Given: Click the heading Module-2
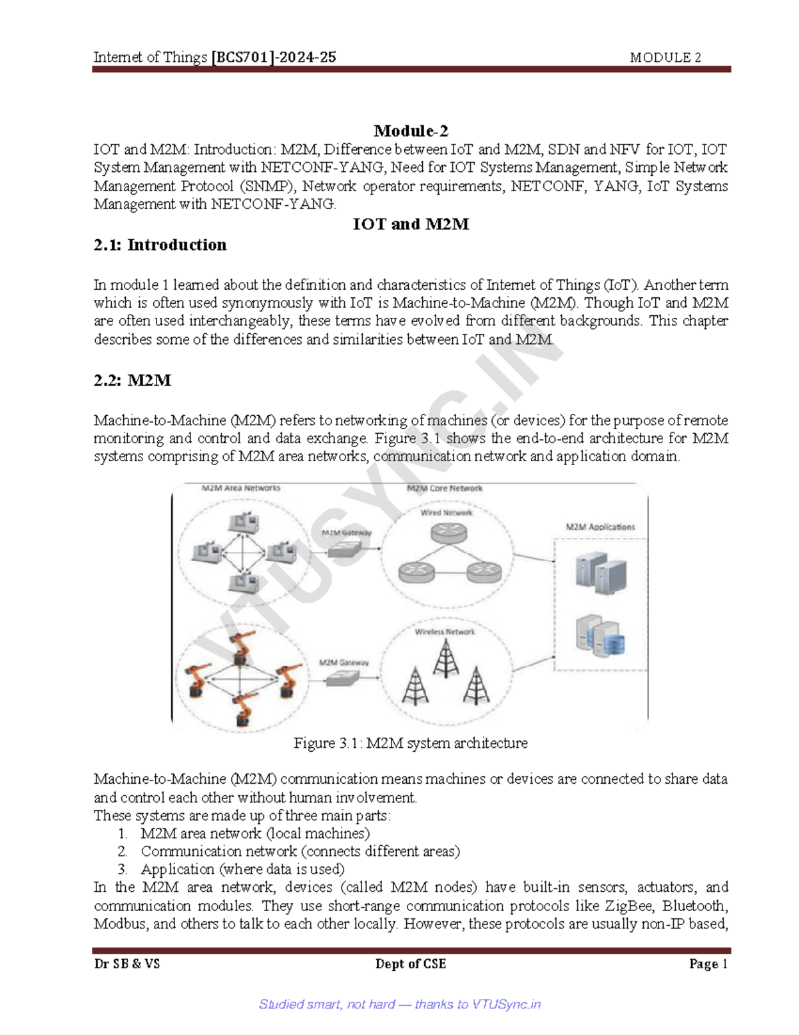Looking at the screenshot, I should (x=410, y=131).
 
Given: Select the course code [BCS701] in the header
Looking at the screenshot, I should (x=242, y=57).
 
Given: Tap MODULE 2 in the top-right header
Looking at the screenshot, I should (x=665, y=58).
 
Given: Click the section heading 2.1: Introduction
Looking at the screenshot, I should (x=160, y=245).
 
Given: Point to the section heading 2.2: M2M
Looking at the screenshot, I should (x=133, y=381).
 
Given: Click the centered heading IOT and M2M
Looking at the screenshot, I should (x=410, y=225).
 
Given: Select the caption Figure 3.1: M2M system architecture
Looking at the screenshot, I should (x=410, y=743).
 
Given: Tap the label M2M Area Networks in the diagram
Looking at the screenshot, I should (x=241, y=488).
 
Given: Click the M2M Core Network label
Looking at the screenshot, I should (x=444, y=488).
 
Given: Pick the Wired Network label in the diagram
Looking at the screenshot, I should (x=446, y=513).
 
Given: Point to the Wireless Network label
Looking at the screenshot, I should (x=445, y=631).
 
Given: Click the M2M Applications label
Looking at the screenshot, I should (x=600, y=526).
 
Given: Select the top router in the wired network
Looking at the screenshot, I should (x=448, y=532).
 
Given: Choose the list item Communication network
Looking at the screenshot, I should (x=300, y=851).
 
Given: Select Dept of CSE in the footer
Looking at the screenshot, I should (x=410, y=964).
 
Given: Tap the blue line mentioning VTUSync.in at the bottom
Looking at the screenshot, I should (x=400, y=1004).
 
